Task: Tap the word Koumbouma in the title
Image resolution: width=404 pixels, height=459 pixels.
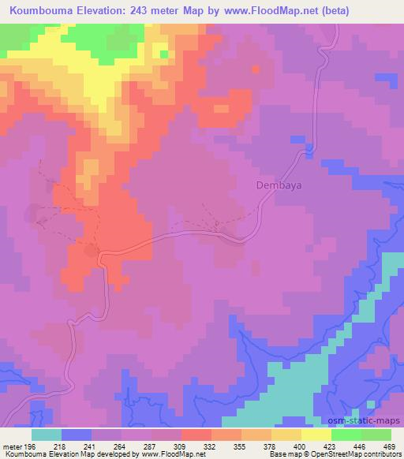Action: (x=38, y=11)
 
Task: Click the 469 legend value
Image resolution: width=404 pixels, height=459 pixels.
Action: (x=391, y=446)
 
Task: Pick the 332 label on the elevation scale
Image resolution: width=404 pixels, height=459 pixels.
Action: (x=210, y=446)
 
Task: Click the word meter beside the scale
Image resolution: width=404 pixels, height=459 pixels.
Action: (x=13, y=446)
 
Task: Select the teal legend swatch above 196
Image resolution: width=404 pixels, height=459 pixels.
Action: (x=47, y=435)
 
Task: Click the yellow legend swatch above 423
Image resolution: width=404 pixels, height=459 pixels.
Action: (x=316, y=435)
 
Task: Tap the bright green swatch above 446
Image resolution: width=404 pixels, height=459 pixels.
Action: (x=346, y=435)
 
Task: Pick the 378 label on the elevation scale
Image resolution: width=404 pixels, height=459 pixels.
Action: (x=270, y=446)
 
